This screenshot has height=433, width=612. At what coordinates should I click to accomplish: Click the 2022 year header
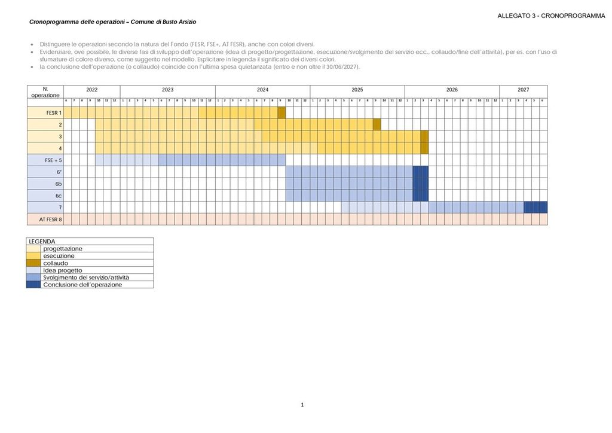click(x=91, y=90)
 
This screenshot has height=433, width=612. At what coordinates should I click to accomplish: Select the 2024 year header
click(x=262, y=90)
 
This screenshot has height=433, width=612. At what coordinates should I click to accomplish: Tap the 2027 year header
click(x=523, y=90)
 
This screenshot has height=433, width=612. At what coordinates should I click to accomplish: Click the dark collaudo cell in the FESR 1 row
click(x=281, y=112)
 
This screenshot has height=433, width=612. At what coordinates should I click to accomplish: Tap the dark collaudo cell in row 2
click(x=377, y=124)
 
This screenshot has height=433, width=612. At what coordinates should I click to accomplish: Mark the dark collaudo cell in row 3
click(x=424, y=136)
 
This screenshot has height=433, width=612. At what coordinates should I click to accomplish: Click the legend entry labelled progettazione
click(x=63, y=249)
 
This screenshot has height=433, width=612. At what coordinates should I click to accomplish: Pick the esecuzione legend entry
click(x=59, y=256)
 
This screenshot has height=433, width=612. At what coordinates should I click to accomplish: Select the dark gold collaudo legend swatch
click(x=33, y=263)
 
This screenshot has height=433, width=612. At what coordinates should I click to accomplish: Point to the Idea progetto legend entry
click(x=63, y=270)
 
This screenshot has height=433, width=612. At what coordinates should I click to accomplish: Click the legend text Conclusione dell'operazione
click(x=82, y=285)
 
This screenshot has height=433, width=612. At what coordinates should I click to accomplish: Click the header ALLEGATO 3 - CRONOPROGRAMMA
click(x=551, y=16)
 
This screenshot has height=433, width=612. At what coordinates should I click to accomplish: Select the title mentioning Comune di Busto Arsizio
click(x=112, y=22)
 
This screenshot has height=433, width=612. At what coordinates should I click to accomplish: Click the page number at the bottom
click(x=302, y=405)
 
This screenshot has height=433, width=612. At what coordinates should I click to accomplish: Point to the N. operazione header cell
click(x=45, y=92)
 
